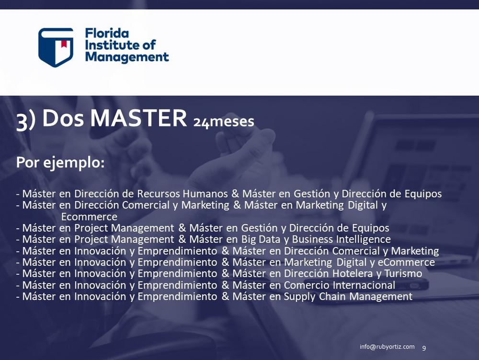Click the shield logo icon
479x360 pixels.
[x=56, y=47]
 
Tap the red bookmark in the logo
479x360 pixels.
[x=64, y=44]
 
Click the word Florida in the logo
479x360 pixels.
[x=107, y=33]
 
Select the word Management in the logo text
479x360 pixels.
[x=127, y=57]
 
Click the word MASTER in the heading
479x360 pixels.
[x=138, y=118]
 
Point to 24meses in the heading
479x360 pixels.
[x=224, y=122]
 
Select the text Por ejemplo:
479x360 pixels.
[x=60, y=162]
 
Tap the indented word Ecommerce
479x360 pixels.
[x=89, y=217]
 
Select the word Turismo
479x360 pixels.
[x=403, y=273]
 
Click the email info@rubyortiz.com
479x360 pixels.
[x=387, y=347]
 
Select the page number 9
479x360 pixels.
[x=424, y=348]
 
